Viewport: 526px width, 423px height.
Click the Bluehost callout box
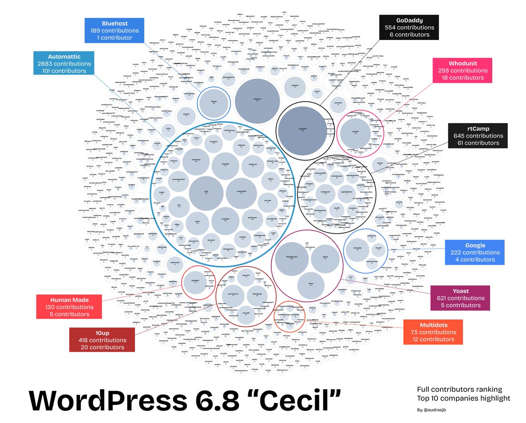[114, 31]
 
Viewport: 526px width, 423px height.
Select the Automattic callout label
[64, 64]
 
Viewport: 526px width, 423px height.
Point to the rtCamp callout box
[477, 136]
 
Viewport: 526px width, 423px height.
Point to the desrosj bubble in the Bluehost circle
[214, 103]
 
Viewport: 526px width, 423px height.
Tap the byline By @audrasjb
[436, 410]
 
